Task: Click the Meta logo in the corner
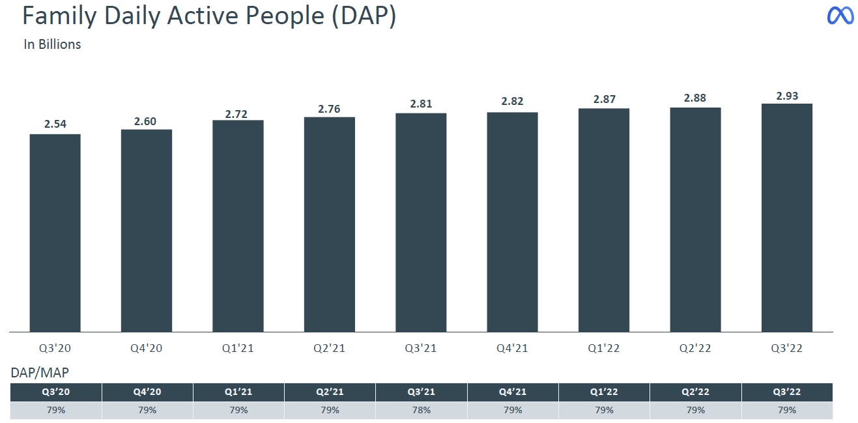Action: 840,16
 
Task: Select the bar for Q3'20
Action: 55,233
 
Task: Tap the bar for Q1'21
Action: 238,226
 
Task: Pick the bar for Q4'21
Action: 512,222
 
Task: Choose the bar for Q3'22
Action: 786,218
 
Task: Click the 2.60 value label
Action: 147,121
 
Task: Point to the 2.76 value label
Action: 330,109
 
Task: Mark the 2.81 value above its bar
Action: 421,104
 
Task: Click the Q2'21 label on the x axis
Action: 330,348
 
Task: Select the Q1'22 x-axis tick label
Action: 604,348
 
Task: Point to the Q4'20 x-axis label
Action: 147,348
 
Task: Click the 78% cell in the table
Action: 421,410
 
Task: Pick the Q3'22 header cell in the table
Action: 786,392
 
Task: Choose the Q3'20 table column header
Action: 55,392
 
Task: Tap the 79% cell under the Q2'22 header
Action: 695,410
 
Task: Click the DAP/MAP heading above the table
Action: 40,373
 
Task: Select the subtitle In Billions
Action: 52,44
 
